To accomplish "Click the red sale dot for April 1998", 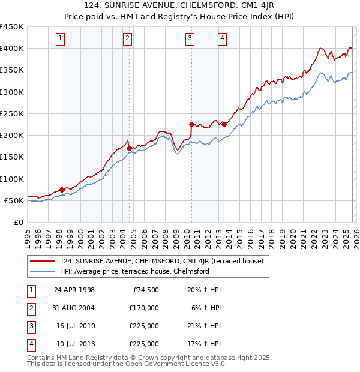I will click(62, 190).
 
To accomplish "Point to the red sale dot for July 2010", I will click(191, 125).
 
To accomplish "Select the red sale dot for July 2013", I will click(223, 124).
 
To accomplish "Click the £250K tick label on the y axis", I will click(12, 113).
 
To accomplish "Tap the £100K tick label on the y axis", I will click(12, 179).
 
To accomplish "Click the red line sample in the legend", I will click(42, 261).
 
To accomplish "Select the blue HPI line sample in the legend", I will click(42, 271).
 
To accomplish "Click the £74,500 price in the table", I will click(145, 290).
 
